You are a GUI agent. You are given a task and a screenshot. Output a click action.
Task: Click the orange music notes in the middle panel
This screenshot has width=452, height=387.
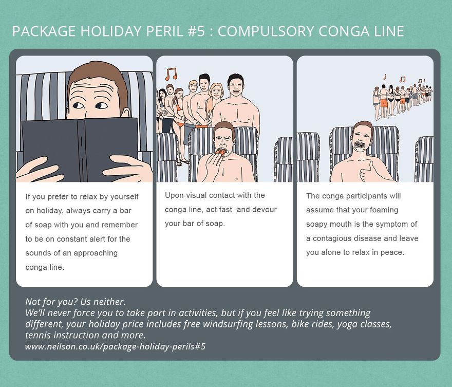pos(171,73)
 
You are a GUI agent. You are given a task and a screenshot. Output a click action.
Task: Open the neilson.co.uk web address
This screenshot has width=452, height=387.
pos(115,346)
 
